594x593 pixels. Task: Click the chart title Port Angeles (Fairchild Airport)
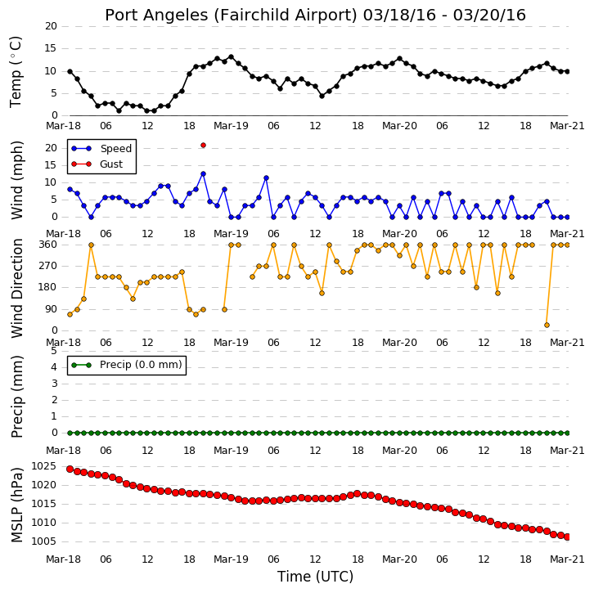click(231, 16)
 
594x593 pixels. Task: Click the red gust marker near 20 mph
click(203, 146)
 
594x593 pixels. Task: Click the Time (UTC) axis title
click(315, 577)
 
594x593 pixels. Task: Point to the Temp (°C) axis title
click(16, 72)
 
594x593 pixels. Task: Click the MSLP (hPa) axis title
click(17, 505)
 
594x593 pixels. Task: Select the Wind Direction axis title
click(17, 288)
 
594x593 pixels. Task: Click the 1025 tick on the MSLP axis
click(43, 466)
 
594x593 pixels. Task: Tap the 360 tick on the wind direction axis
click(48, 245)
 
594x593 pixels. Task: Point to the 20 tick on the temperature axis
click(52, 26)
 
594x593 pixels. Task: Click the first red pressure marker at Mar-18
click(70, 469)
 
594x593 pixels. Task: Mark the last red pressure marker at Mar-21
click(568, 537)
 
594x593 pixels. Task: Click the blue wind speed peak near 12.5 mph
click(203, 173)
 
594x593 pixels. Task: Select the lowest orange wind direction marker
click(547, 325)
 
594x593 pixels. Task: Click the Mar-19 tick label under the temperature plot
click(231, 126)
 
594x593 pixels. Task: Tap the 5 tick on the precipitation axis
click(54, 351)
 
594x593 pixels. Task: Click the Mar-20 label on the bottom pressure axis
click(399, 559)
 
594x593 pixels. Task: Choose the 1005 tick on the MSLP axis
click(43, 541)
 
